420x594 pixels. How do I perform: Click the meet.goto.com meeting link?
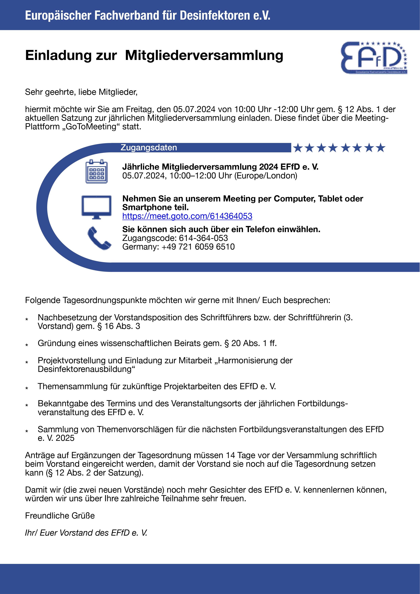[187, 216]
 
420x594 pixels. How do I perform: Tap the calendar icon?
[96, 171]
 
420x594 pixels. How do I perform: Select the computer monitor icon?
[96, 207]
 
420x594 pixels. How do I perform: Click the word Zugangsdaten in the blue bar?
[149, 147]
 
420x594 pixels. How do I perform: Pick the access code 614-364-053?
[203, 238]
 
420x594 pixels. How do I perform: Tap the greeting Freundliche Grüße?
[60, 516]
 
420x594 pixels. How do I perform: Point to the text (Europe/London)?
[266, 176]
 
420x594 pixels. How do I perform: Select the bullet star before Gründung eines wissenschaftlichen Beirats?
[27, 345]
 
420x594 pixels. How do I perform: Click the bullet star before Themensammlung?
[27, 388]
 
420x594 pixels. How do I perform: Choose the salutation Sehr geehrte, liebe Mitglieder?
[81, 92]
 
